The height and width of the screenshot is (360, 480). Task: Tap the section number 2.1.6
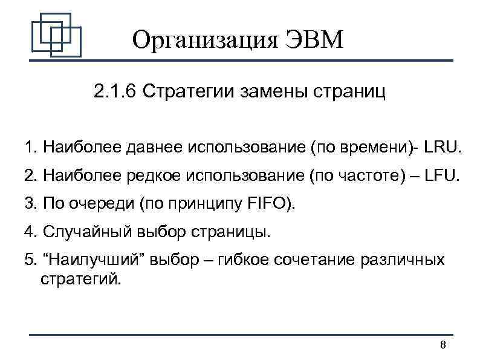tap(115, 93)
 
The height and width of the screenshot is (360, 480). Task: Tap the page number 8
tap(443, 345)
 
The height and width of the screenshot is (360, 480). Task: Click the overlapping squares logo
tap(56, 35)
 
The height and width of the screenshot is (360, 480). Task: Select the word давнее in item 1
tap(157, 148)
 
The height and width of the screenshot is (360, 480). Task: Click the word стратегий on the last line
tap(80, 280)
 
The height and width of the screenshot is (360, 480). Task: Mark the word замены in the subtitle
tap(272, 93)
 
